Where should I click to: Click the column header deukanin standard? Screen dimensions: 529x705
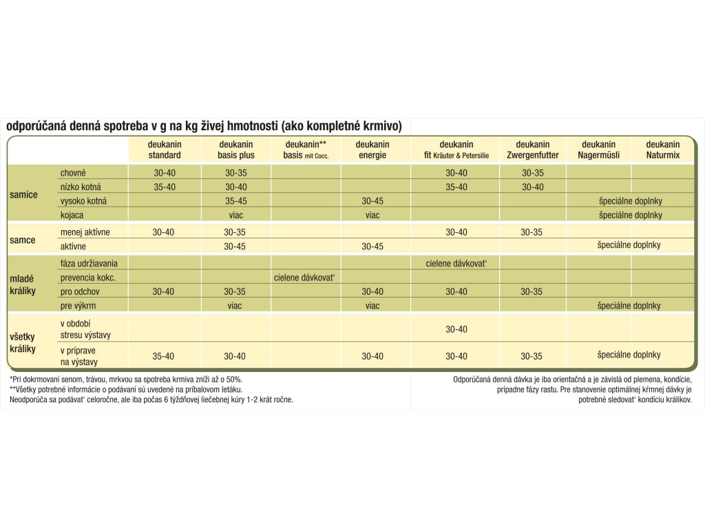point(164,149)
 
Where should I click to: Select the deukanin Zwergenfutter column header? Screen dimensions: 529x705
point(532,149)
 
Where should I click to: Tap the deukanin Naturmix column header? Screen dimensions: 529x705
point(662,149)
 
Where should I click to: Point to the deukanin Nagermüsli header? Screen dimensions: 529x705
point(598,149)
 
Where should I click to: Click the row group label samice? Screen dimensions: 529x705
point(23,195)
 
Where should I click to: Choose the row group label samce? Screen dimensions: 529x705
point(22,240)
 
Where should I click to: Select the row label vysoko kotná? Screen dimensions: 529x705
point(84,200)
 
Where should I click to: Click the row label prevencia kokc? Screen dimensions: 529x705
point(87,278)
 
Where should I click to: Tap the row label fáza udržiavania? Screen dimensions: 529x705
point(89,263)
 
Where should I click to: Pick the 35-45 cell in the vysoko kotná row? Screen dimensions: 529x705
point(235,201)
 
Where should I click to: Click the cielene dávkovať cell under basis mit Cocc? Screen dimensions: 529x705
point(304,278)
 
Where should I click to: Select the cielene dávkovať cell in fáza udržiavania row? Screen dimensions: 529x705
point(456,263)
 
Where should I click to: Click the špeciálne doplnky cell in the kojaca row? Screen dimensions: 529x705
point(630,215)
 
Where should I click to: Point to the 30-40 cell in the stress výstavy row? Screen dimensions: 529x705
point(456,329)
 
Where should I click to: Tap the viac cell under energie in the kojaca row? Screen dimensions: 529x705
point(372,215)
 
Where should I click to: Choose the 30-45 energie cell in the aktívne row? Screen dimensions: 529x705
point(372,246)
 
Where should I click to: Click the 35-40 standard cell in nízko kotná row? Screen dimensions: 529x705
point(164,187)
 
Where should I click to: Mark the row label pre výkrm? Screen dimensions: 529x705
point(76,306)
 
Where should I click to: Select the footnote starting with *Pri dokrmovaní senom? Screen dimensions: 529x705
point(126,380)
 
